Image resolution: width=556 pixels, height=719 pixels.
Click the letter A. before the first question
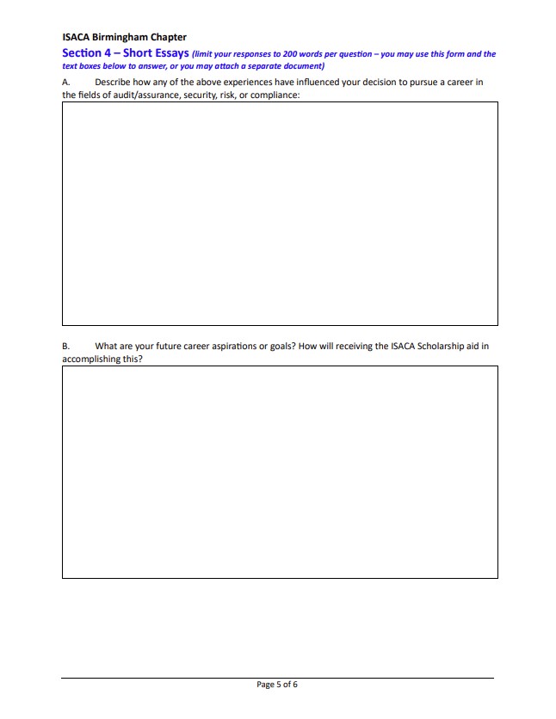point(66,83)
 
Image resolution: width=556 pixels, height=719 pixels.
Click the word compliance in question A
point(275,95)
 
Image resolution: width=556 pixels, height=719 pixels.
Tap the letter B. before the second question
point(66,347)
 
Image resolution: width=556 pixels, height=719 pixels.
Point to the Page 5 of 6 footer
point(277,685)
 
